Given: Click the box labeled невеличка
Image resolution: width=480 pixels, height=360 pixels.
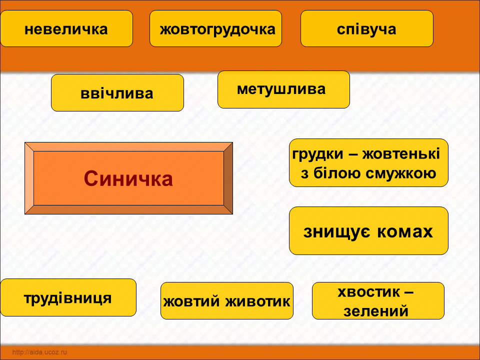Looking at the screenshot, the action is [66, 28].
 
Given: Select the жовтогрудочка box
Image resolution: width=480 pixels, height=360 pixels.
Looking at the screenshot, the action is [215, 28].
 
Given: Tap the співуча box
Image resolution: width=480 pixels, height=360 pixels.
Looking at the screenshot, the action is [366, 28].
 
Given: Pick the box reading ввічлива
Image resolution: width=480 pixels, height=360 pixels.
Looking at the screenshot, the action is [117, 93].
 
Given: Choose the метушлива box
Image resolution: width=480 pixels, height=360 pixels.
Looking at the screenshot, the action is [283, 89].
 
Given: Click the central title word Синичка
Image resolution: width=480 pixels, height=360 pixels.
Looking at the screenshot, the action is [128, 179].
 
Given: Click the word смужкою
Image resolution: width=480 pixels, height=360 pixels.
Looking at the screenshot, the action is [401, 173].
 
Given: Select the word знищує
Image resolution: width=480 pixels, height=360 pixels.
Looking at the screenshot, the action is [336, 231].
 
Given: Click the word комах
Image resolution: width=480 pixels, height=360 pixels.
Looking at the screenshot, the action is [405, 231].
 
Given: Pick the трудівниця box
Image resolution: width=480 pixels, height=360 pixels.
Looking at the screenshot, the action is [68, 297].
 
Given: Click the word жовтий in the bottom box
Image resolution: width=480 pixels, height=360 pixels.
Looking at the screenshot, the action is [192, 301].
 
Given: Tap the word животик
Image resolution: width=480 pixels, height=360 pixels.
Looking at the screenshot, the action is [258, 301].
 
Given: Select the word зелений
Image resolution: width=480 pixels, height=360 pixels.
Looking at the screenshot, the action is [376, 311].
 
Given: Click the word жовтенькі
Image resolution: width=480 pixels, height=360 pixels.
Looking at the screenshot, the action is [401, 154].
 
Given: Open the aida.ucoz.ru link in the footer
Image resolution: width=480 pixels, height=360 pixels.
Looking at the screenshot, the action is [40, 352].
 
